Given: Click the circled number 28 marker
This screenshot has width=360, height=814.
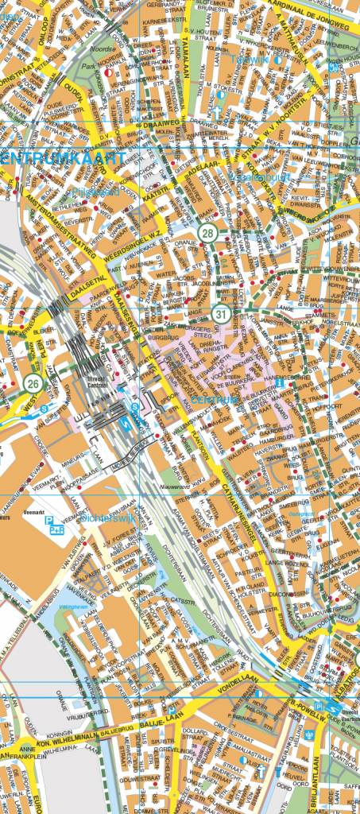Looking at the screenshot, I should [x=208, y=233].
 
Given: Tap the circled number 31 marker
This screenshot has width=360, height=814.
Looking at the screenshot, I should [x=221, y=316].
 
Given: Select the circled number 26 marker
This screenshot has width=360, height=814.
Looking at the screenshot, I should [x=33, y=385].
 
